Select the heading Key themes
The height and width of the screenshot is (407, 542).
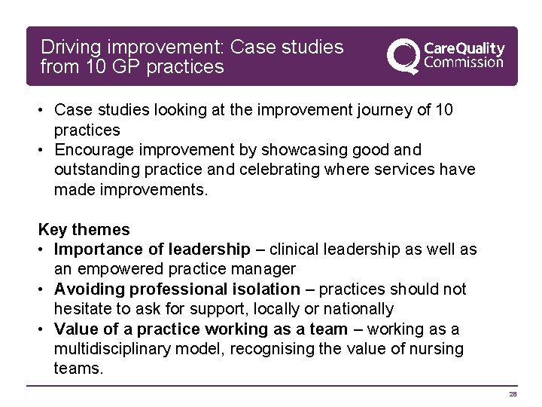[84, 229]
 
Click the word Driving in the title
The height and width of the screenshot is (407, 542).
[70, 47]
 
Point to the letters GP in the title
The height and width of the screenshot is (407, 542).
[132, 67]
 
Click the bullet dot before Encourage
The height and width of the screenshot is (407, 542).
[44, 149]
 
